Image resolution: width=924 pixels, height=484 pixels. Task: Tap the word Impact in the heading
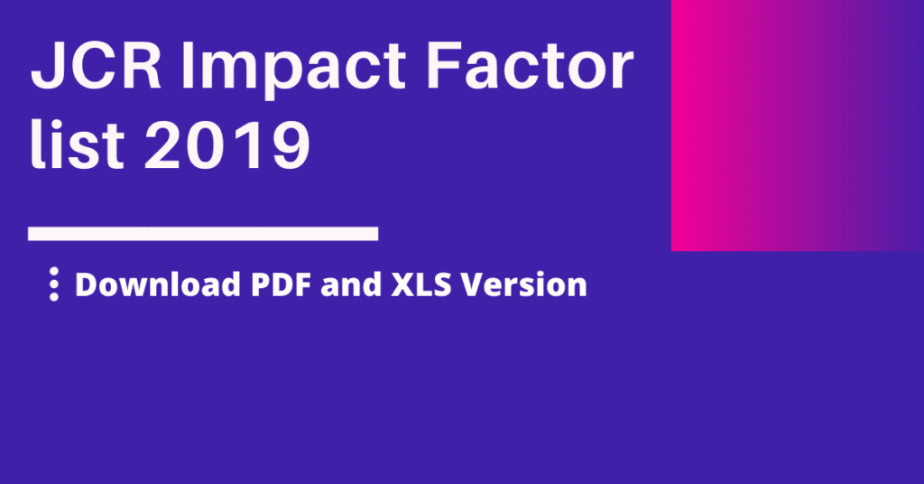293,69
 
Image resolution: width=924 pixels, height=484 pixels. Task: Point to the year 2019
227,144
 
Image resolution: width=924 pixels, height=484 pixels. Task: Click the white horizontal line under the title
203,234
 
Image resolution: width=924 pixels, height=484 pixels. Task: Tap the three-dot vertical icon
54,284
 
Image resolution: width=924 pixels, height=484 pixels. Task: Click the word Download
158,284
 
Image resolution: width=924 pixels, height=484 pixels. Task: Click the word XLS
421,284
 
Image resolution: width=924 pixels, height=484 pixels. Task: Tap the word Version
524,284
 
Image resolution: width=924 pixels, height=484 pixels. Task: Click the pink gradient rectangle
798,126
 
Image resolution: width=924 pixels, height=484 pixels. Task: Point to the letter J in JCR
47,65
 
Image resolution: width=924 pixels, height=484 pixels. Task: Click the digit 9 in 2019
290,144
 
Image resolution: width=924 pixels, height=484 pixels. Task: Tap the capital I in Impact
188,65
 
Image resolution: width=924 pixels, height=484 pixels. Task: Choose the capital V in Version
473,284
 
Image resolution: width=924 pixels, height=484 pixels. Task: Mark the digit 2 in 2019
163,144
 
